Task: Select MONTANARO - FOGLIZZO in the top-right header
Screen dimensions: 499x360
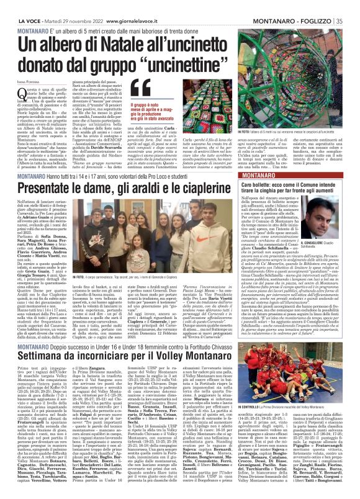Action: click(305, 4)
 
